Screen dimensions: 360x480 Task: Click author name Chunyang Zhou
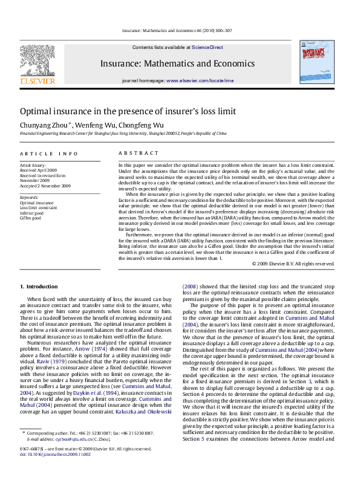44,124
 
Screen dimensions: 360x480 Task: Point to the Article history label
33,164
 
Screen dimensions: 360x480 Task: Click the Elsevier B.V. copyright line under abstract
292,264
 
